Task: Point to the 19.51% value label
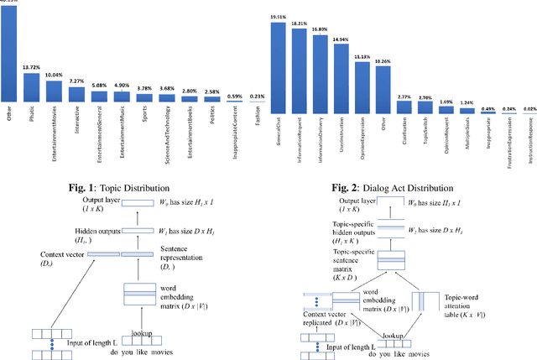[279, 17]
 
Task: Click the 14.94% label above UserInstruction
[341, 39]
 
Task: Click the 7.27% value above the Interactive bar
[76, 81]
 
